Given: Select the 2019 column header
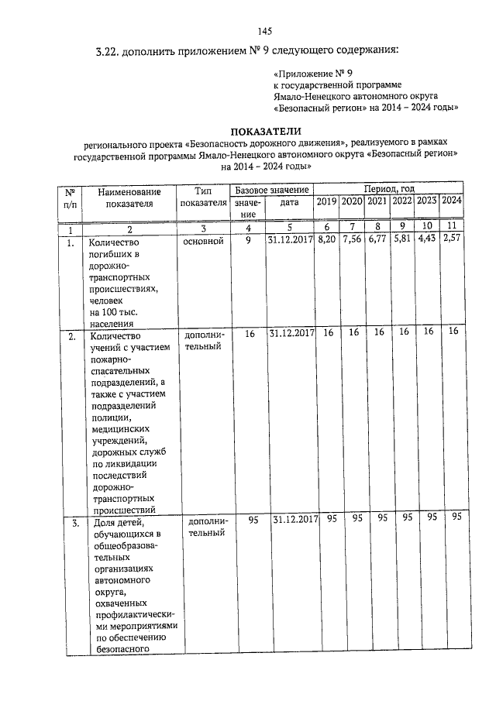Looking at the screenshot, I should click(326, 201).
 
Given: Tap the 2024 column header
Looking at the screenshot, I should click(452, 201).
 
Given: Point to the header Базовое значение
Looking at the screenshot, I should click(272, 190).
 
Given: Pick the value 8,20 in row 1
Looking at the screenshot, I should click(326, 241).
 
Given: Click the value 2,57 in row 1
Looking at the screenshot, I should click(452, 240).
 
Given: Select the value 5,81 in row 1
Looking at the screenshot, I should click(402, 241).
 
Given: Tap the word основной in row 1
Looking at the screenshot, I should click(203, 242).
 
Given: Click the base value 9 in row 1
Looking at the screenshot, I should click(248, 242).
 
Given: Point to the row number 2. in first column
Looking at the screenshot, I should click(71, 337).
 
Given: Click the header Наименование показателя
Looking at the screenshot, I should click(129, 198).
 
